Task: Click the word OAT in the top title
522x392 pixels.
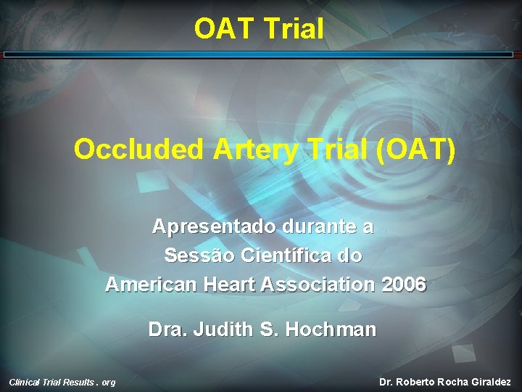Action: point(223,29)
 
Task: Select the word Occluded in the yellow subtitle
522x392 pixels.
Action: point(138,150)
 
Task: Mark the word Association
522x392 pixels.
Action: point(317,284)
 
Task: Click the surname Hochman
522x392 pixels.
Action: point(331,330)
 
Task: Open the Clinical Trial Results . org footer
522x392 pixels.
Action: point(62,382)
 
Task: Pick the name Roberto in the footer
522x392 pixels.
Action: point(421,382)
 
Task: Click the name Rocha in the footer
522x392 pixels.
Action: point(455,382)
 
